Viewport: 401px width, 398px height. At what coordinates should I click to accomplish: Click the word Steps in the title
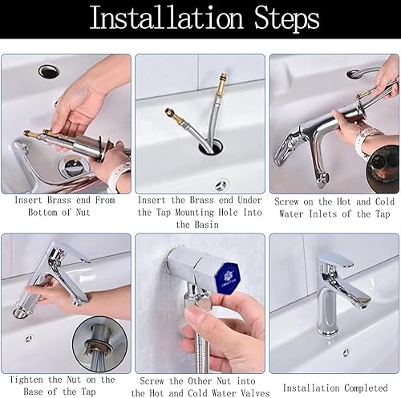[x=286, y=18]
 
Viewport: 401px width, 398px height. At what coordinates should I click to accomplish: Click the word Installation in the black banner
[x=166, y=18]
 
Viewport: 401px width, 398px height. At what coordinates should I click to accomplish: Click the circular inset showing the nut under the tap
[x=99, y=344]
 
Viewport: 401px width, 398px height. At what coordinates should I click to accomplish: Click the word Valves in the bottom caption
[x=255, y=393]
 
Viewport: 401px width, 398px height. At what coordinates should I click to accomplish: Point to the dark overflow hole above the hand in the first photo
[x=49, y=71]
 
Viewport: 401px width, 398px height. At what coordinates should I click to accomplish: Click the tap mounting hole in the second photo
[x=211, y=148]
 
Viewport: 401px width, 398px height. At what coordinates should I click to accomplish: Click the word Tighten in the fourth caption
[x=26, y=380]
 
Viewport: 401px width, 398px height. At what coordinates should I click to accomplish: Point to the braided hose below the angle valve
[x=201, y=353]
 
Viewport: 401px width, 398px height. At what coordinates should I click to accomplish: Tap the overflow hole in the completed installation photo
[x=346, y=351]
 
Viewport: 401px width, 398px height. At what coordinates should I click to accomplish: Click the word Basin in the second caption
[x=207, y=225]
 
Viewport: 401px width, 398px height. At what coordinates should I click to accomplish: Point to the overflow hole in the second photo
[x=222, y=184]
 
